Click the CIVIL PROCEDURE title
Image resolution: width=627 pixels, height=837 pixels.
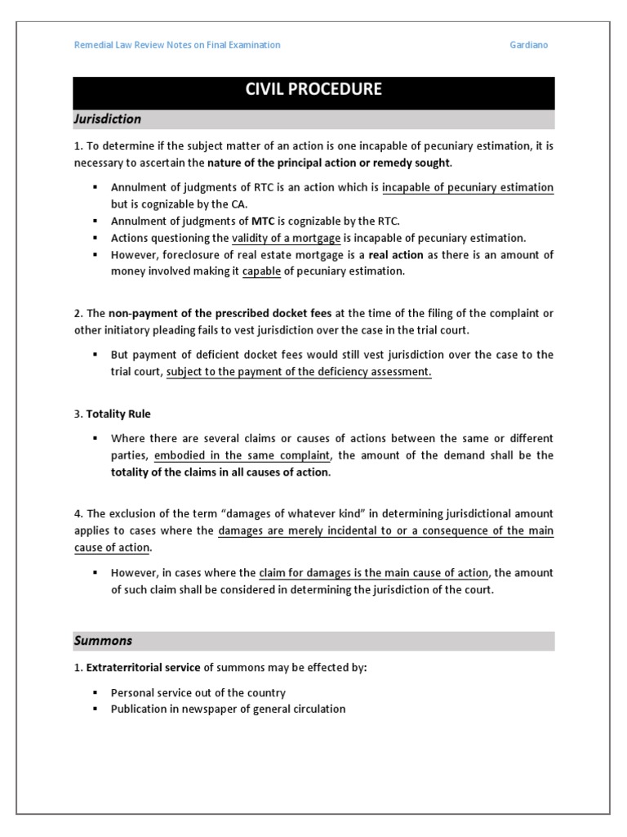tap(313, 89)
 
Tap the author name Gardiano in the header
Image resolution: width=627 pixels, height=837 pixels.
tap(528, 45)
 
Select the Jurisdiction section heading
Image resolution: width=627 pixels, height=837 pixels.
tap(109, 119)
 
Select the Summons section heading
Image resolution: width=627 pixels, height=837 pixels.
tap(104, 641)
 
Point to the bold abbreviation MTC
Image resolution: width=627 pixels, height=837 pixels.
tap(263, 221)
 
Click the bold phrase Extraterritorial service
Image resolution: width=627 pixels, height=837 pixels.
tap(143, 668)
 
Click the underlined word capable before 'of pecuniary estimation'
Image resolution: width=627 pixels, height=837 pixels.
tap(261, 271)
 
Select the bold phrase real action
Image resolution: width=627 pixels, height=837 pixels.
tap(396, 255)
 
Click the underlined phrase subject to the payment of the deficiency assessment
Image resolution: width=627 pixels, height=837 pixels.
tap(299, 372)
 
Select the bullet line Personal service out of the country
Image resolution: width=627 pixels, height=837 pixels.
tap(198, 692)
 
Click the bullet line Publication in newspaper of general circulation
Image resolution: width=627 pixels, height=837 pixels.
tap(228, 709)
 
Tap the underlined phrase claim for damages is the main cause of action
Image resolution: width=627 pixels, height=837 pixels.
tap(374, 572)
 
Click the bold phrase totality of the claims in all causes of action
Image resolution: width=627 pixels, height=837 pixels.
tap(220, 472)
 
